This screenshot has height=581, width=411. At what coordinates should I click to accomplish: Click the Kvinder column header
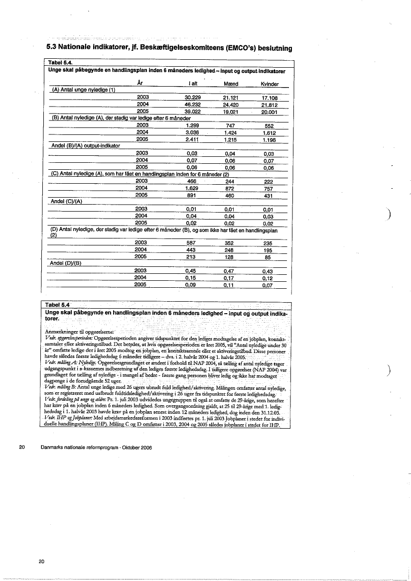point(270,84)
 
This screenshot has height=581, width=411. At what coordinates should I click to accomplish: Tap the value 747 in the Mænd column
point(230,125)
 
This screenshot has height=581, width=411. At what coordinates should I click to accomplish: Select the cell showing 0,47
point(230,271)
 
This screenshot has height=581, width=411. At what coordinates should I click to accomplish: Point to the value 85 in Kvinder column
point(268,257)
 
